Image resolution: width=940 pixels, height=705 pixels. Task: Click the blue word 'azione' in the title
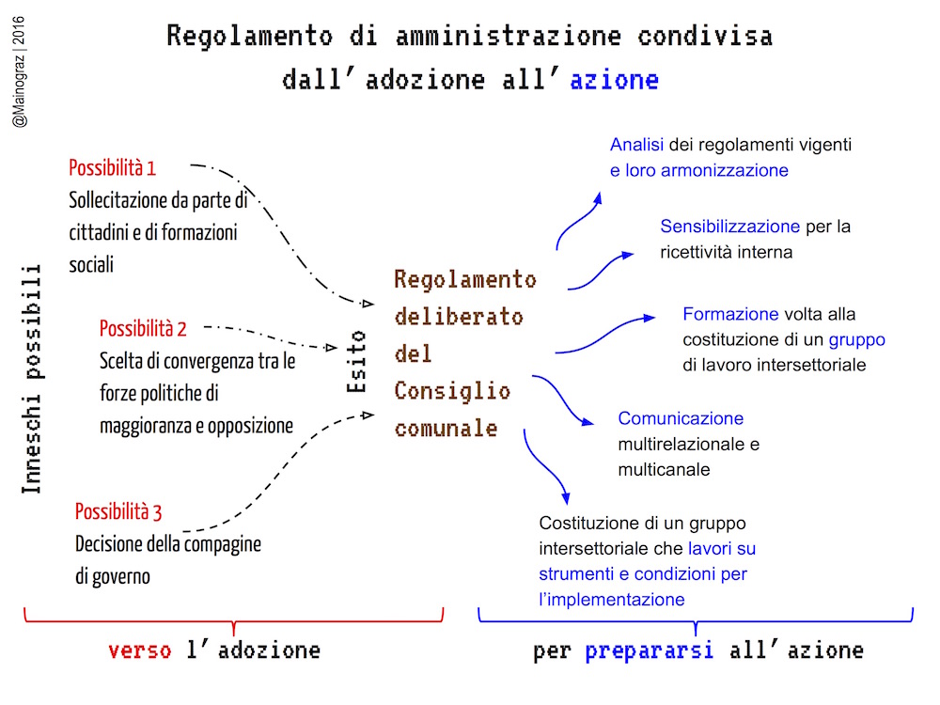(614, 80)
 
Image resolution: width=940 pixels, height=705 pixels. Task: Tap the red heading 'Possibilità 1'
(112, 168)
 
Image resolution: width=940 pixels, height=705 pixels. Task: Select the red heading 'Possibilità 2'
(143, 328)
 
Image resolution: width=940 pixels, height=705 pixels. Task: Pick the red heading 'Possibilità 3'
(118, 512)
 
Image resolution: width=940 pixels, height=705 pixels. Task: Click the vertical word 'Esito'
(356, 362)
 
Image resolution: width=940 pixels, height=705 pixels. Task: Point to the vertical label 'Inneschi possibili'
(31, 379)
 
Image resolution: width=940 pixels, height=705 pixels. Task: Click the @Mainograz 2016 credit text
(19, 72)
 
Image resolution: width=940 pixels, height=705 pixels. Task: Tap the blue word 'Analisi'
(636, 145)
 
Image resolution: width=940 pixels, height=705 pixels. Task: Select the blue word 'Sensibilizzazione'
(729, 227)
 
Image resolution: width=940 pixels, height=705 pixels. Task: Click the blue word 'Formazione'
(730, 314)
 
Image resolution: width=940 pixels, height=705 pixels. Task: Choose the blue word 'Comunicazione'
(681, 418)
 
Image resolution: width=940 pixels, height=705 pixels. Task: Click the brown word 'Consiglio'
(452, 391)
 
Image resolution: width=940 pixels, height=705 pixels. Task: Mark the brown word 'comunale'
(446, 428)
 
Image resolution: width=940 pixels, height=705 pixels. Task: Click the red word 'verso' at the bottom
(140, 650)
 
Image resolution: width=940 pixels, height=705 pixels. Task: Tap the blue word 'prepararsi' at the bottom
(650, 650)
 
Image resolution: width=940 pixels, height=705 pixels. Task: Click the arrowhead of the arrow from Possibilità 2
(331, 347)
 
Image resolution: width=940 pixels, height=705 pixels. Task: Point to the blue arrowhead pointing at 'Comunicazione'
(587, 422)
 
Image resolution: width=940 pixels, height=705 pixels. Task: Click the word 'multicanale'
(664, 469)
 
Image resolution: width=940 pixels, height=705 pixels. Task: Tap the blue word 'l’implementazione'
(612, 600)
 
